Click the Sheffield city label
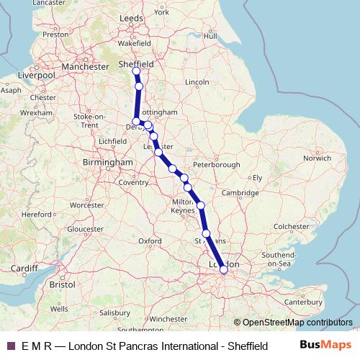[x=136, y=63]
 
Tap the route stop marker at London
[x=223, y=269]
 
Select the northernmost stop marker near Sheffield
[x=136, y=71]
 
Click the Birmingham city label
[x=108, y=163]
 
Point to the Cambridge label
[x=240, y=193]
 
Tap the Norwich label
[x=317, y=158]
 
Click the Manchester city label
[x=85, y=67]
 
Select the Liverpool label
[x=37, y=75]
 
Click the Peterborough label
[x=216, y=165]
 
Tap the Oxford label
[x=149, y=240]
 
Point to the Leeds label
[x=132, y=17]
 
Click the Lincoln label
[x=197, y=83]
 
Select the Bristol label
[x=63, y=285]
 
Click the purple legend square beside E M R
[x=10, y=346]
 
